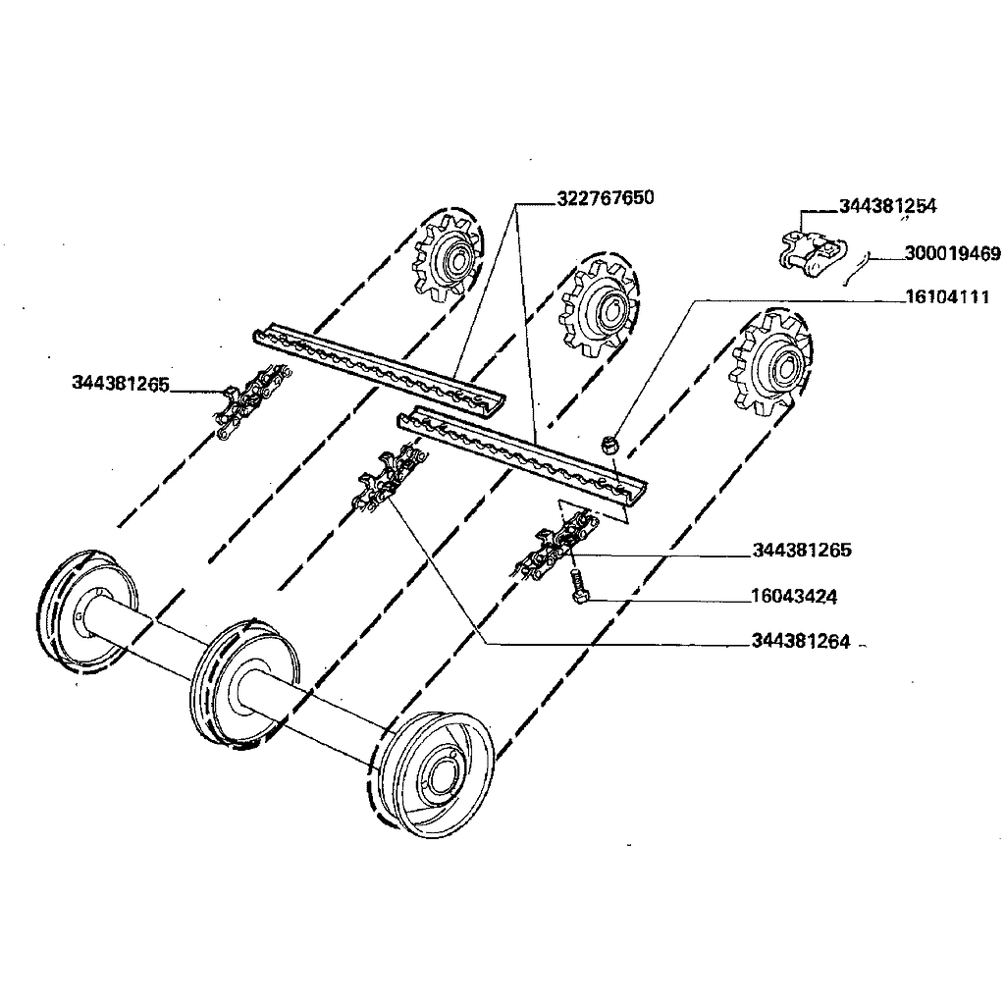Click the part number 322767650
tap(605, 198)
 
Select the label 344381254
tap(887, 206)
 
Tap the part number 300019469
tap(951, 254)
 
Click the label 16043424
tap(794, 596)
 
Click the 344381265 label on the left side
tap(121, 382)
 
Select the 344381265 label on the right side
tap(802, 550)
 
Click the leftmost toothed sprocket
tap(447, 260)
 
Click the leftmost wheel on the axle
tap(85, 611)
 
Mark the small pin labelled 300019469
tap(855, 265)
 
